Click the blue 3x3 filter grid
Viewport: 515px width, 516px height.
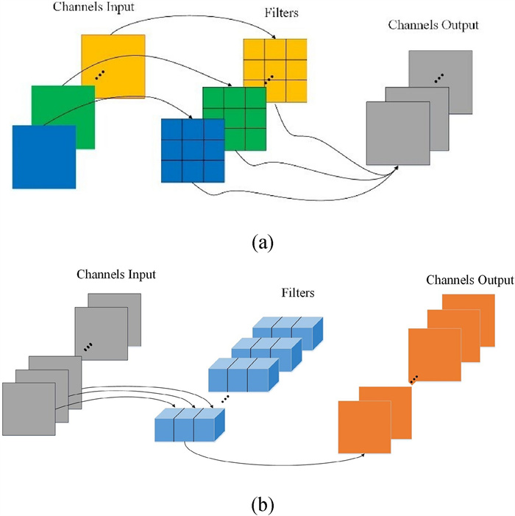(x=192, y=149)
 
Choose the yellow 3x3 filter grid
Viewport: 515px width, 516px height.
(x=274, y=70)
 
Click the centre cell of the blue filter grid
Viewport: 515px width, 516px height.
(x=192, y=149)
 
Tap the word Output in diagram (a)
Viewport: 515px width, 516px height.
(x=456, y=26)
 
